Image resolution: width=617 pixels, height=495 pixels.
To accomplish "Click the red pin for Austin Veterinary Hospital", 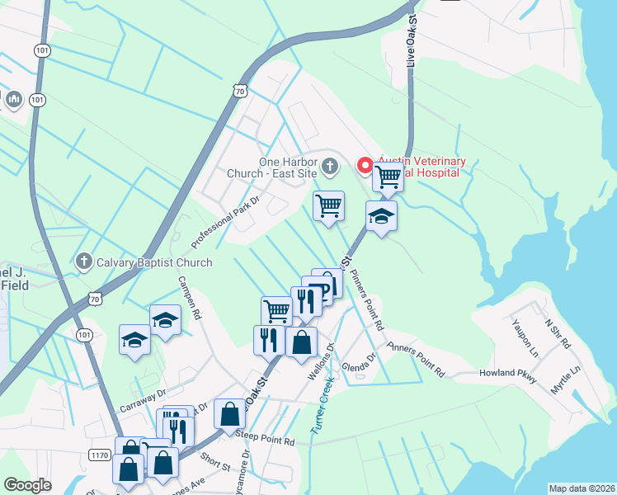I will tap(364, 166).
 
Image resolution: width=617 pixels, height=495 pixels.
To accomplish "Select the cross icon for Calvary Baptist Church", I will tap(82, 262).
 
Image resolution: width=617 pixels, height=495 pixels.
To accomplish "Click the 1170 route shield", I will tap(100, 455).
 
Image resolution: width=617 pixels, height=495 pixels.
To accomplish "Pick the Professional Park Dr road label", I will tap(225, 223).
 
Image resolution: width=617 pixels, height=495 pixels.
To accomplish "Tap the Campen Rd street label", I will tap(189, 298).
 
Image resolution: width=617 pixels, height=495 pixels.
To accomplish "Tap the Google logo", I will tap(27, 485).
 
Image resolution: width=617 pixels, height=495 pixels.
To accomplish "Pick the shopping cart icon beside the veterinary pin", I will tap(387, 176).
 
